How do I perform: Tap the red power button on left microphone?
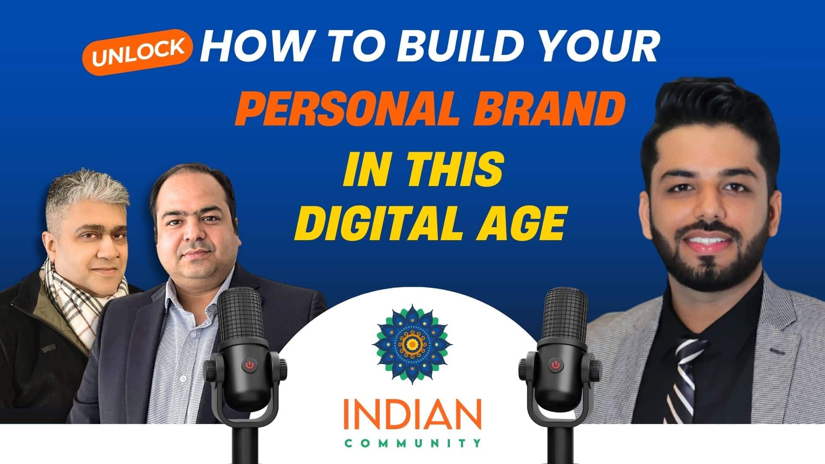click(x=250, y=366)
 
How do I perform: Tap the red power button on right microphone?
click(x=555, y=366)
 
